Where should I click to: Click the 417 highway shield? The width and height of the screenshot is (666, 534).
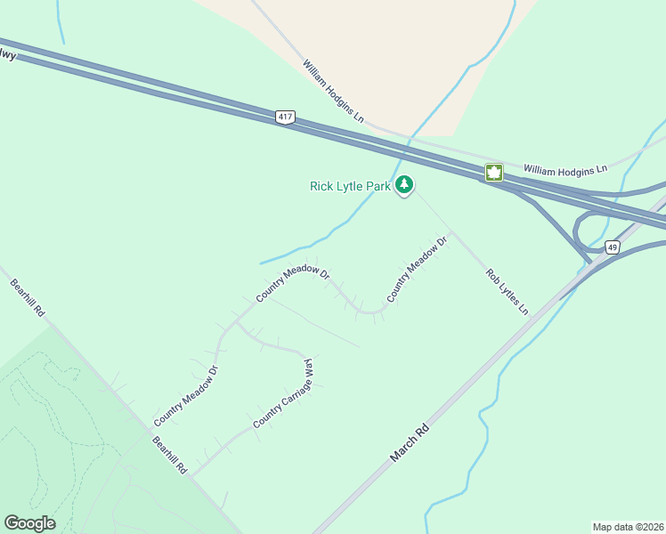(x=285, y=117)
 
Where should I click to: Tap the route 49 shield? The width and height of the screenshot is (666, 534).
(x=612, y=247)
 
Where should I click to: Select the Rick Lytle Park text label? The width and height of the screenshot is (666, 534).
(x=350, y=186)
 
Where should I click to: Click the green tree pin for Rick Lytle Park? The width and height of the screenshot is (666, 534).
(x=405, y=185)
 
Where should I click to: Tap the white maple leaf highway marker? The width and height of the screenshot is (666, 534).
(x=494, y=173)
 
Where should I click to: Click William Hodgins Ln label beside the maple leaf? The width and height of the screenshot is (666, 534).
(x=564, y=168)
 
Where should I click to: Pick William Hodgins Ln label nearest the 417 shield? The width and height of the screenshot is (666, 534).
(x=333, y=92)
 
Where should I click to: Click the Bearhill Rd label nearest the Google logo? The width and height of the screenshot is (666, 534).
(x=168, y=454)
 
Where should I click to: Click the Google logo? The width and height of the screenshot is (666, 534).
(x=29, y=523)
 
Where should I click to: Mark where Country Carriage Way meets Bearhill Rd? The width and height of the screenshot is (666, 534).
(x=192, y=474)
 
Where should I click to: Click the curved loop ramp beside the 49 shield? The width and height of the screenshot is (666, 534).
(x=581, y=233)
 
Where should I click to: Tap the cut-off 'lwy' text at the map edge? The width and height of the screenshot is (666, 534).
(x=8, y=55)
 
